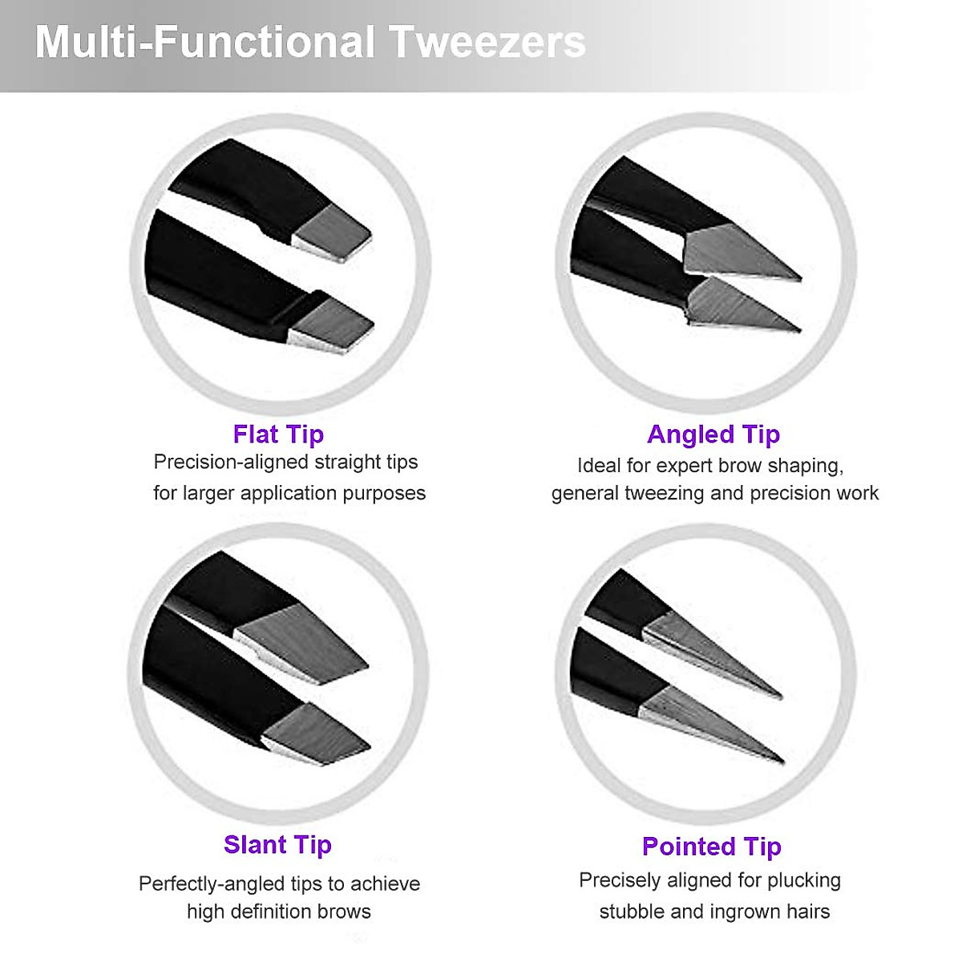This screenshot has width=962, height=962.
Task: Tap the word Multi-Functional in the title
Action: (205, 42)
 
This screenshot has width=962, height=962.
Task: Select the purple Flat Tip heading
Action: (278, 434)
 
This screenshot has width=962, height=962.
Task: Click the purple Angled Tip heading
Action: (713, 434)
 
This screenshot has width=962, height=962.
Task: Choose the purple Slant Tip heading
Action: (277, 844)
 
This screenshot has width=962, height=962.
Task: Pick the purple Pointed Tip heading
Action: (712, 846)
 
